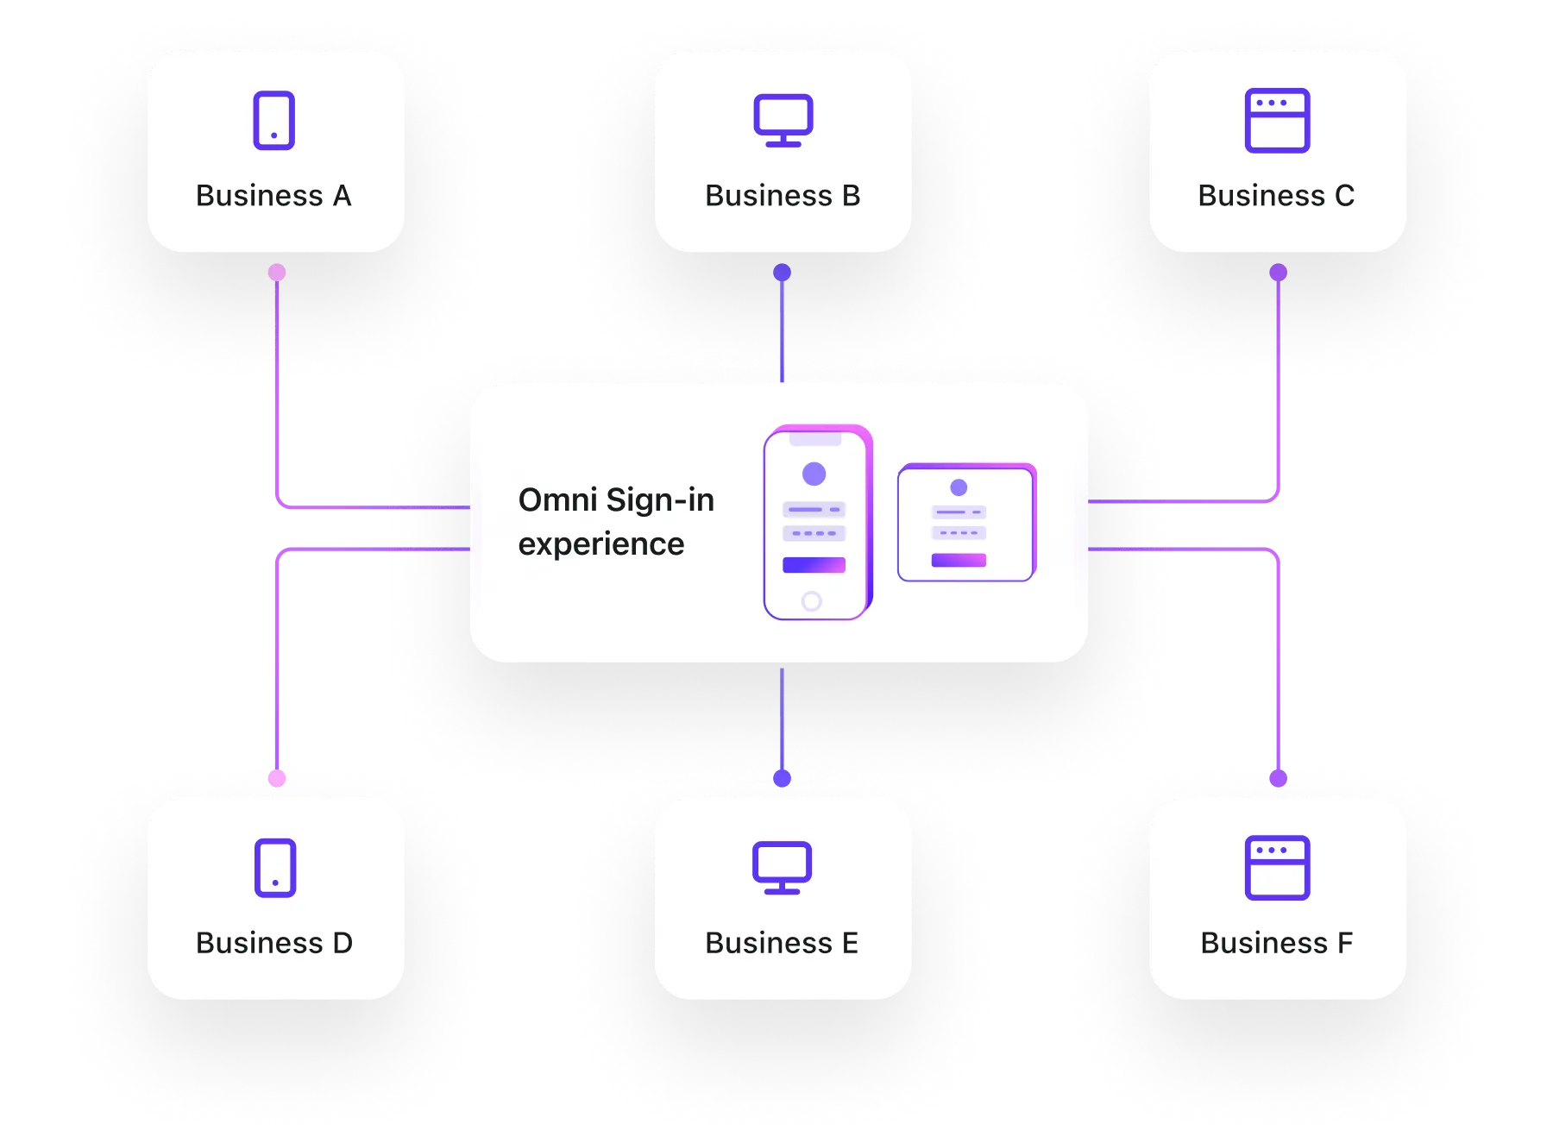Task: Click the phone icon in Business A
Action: [274, 121]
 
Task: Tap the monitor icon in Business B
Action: [783, 120]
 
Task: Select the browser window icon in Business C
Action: [1277, 121]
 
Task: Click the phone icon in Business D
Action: [275, 868]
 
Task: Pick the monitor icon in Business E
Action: [782, 867]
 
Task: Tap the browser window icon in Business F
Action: [1277, 868]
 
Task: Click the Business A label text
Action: [274, 196]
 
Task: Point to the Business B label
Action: [783, 196]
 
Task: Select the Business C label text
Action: [1276, 196]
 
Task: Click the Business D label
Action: [274, 943]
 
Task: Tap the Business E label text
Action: [782, 943]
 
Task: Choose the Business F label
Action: [1276, 943]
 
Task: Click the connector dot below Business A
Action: [277, 273]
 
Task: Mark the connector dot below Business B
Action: [782, 273]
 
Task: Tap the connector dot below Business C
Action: [1278, 273]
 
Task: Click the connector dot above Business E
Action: [782, 778]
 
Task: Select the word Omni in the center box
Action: [557, 500]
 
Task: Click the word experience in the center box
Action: [601, 544]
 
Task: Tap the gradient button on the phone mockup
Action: [814, 565]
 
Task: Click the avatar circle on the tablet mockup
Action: [959, 487]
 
